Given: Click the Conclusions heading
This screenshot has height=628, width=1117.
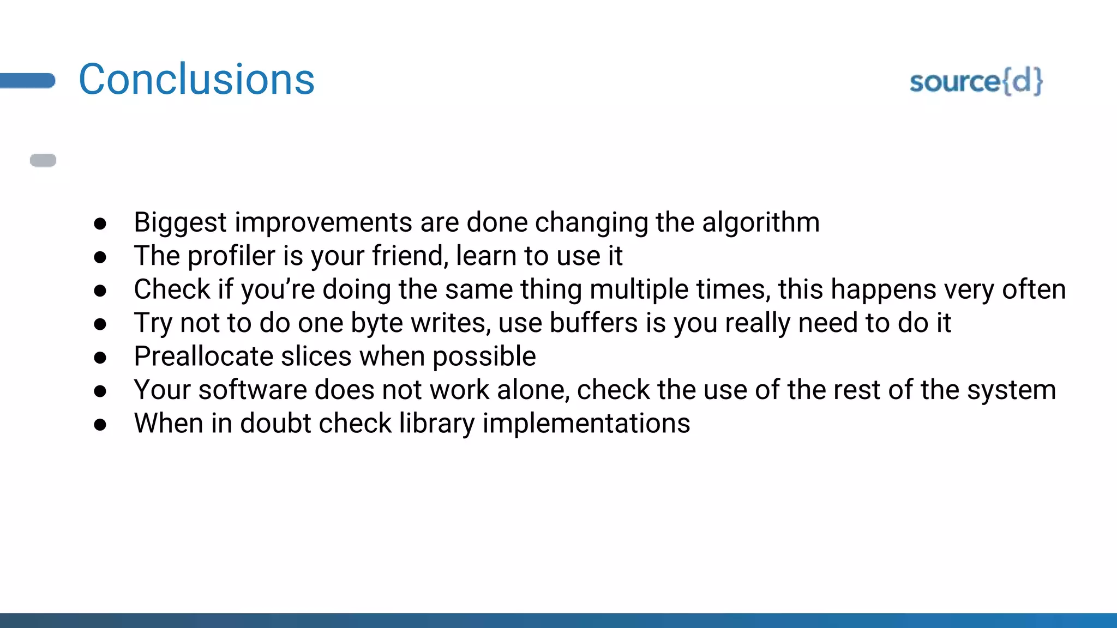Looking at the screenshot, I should coord(196,80).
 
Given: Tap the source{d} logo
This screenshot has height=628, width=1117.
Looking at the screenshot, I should coord(976,82).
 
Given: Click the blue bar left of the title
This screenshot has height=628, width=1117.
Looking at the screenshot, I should coord(27,81).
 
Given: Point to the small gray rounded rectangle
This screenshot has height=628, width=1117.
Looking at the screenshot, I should coord(43,160).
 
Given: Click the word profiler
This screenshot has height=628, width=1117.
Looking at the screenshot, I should coord(231,256).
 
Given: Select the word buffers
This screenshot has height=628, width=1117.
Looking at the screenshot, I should coord(593,323).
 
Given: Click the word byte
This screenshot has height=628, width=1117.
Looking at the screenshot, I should coord(376,324).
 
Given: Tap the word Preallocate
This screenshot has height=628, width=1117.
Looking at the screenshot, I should coord(203,357).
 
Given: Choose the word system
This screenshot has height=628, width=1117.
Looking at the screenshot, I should coord(1011,391).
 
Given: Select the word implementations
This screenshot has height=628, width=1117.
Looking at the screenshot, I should coord(586,424).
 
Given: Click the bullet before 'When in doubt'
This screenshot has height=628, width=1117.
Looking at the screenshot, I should coord(100,425).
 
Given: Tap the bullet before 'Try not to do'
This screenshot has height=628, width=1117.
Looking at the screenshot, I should coord(100,324).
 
